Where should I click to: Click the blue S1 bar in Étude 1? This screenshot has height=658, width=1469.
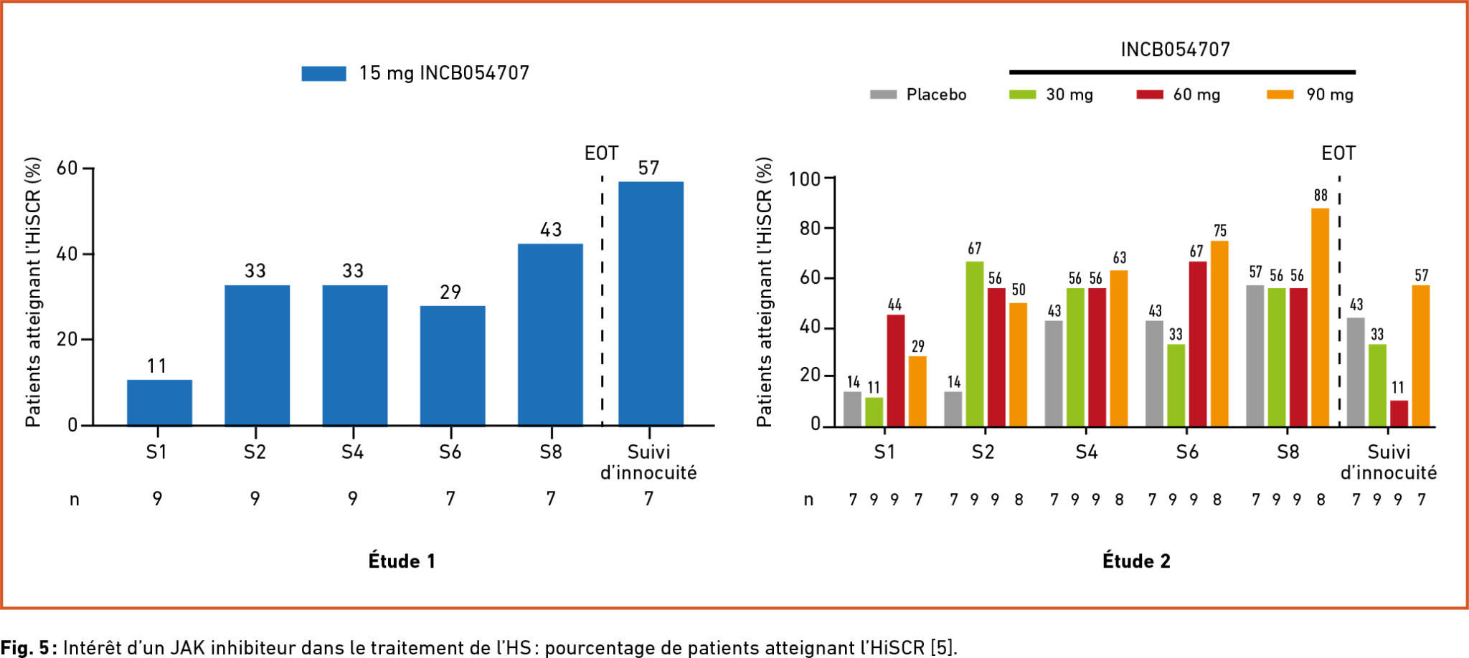tap(159, 402)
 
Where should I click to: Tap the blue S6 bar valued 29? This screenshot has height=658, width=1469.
tap(453, 366)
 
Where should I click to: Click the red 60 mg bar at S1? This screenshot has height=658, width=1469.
tap(895, 371)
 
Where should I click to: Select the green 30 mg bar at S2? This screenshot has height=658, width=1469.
tap(974, 344)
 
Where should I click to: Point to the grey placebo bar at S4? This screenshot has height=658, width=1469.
tap(1054, 373)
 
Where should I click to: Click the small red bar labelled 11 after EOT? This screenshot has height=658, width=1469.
tap(1399, 414)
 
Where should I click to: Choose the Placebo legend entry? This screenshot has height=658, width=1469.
tap(918, 95)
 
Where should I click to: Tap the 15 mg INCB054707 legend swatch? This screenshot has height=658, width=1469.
tap(323, 73)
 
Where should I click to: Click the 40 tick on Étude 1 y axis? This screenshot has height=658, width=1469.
tap(67, 254)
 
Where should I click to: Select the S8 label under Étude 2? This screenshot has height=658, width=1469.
tap(1288, 452)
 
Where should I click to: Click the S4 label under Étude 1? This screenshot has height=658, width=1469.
tap(352, 452)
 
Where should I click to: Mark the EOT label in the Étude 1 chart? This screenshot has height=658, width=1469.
tap(601, 153)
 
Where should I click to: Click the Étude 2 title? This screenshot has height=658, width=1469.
tap(1136, 561)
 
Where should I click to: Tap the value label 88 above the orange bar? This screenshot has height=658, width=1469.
tap(1321, 196)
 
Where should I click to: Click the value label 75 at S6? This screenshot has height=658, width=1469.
tap(1220, 231)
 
